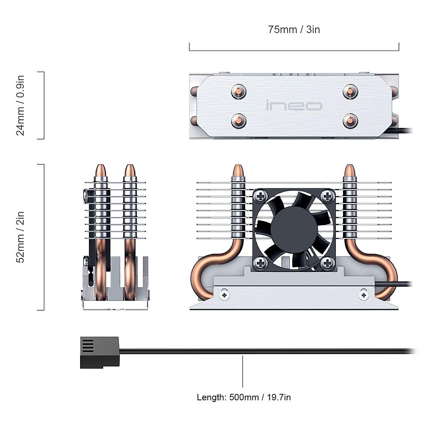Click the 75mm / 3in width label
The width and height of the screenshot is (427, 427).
point(294,30)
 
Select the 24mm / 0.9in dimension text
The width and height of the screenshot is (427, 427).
point(21,105)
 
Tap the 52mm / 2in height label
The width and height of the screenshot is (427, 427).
point(21,237)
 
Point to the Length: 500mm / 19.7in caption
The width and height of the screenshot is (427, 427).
point(244,397)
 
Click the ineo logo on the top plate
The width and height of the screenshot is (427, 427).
point(294,106)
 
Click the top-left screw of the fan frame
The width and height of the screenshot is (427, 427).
point(261,195)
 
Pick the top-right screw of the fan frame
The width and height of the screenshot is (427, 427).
point(327,195)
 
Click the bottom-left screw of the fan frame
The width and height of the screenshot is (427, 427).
point(261,263)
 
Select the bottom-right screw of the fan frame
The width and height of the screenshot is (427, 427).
point(327,263)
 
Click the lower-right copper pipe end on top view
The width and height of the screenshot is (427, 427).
point(350,121)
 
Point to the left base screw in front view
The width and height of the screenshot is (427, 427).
point(224,295)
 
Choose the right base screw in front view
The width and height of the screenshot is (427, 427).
point(364,295)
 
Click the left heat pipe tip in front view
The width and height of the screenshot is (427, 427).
point(238,170)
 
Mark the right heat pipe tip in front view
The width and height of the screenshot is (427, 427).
point(349,170)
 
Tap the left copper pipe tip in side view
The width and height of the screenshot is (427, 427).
point(101,170)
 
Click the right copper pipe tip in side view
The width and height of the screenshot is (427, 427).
point(130,170)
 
